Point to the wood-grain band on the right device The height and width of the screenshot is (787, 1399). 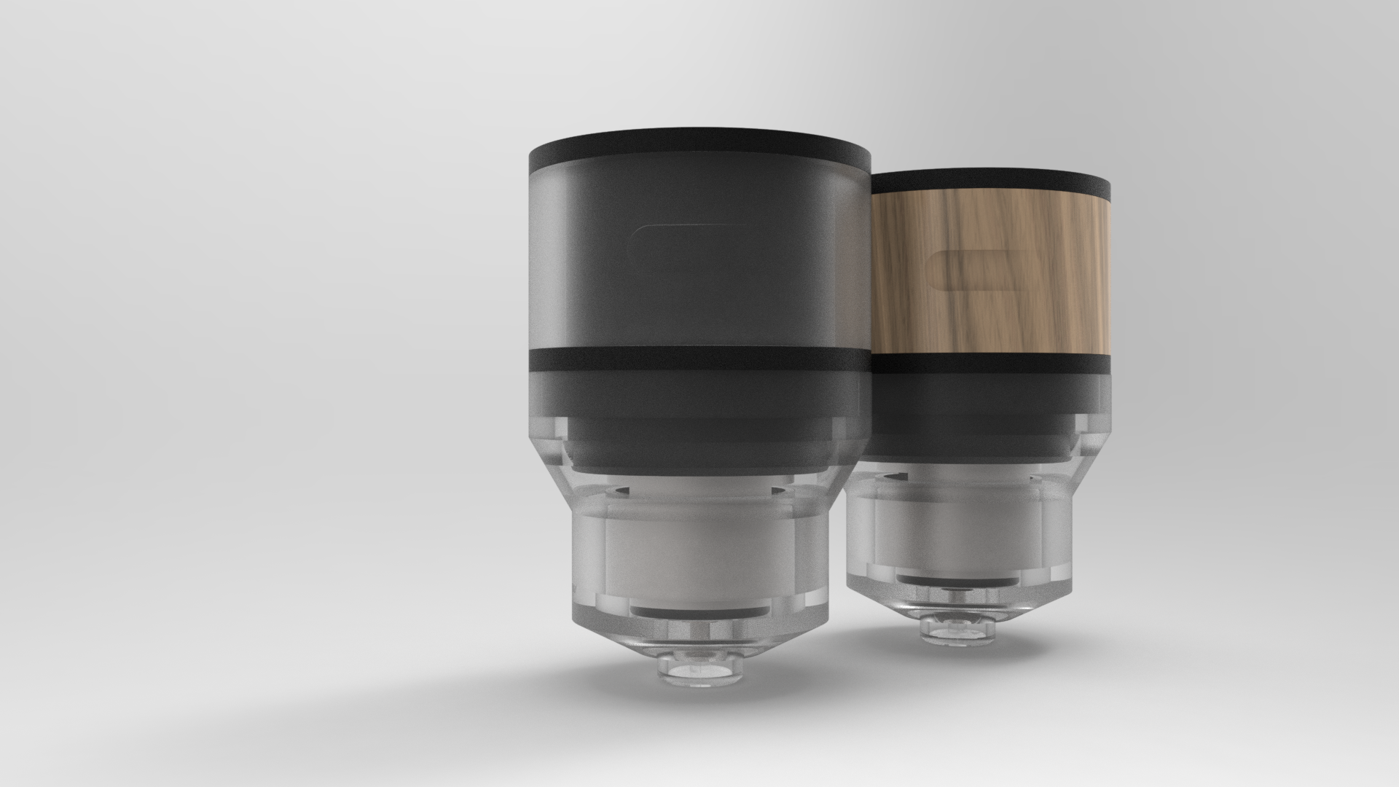coord(1035,306)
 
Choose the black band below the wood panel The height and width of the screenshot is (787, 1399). coord(991,363)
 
